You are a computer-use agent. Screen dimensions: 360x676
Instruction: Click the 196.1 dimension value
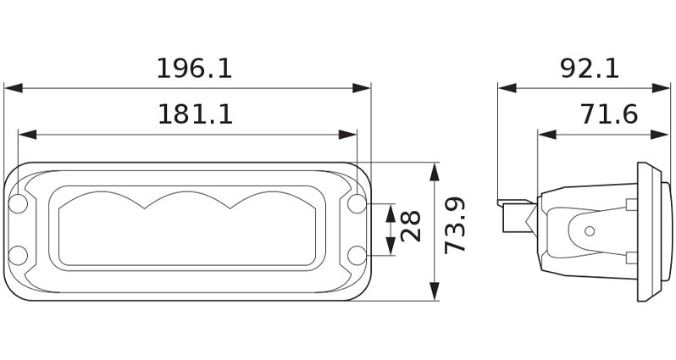(194, 69)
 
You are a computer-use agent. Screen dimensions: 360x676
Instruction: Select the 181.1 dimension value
(195, 114)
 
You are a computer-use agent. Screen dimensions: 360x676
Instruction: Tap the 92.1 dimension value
(590, 69)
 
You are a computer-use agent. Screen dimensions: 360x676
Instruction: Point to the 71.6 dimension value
(609, 114)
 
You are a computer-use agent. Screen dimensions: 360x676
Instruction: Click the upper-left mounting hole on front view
(19, 203)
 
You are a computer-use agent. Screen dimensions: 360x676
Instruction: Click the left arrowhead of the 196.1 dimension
(11, 87)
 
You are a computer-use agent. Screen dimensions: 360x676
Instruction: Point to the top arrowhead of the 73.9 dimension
(435, 169)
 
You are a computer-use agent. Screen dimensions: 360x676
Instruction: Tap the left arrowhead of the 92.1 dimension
(506, 87)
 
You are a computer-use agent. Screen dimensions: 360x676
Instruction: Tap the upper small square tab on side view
(630, 203)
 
